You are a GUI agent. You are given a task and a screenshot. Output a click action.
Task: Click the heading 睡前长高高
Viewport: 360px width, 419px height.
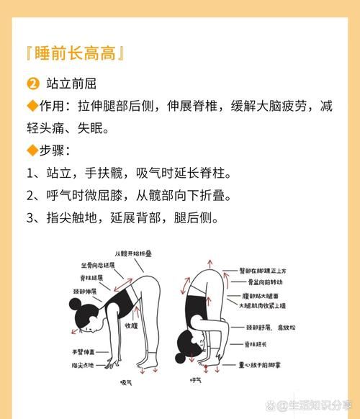[x=76, y=53]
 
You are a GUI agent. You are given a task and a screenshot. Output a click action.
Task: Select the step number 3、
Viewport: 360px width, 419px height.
[x=35, y=217]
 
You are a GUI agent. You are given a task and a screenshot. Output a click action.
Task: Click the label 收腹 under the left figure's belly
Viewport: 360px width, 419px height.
[x=130, y=325]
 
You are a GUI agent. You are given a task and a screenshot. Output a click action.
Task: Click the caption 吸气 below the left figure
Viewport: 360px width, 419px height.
[x=127, y=382]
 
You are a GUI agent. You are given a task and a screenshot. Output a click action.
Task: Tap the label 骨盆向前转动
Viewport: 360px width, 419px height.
[x=267, y=283]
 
